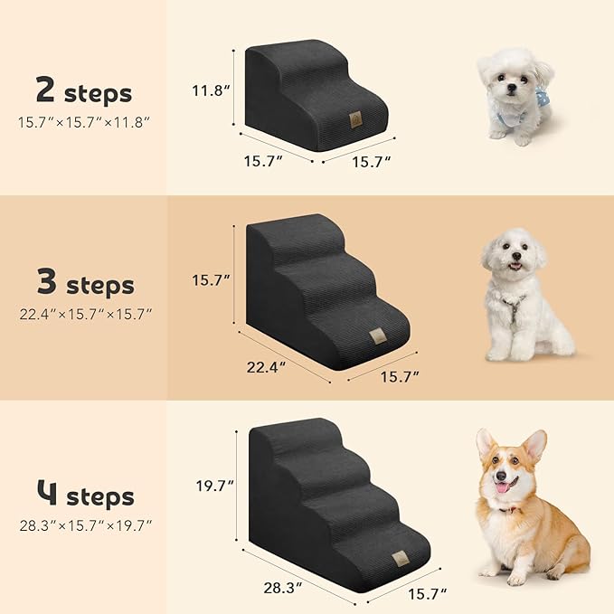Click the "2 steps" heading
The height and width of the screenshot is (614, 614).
click(83, 91)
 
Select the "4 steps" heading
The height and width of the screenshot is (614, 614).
click(84, 496)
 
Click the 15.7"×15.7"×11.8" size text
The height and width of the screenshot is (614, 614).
click(83, 120)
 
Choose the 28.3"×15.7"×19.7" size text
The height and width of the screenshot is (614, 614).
click(84, 524)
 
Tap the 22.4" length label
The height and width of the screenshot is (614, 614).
click(267, 366)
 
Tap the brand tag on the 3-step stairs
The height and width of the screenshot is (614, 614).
click(374, 337)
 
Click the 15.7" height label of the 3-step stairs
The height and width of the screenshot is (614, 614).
click(212, 280)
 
